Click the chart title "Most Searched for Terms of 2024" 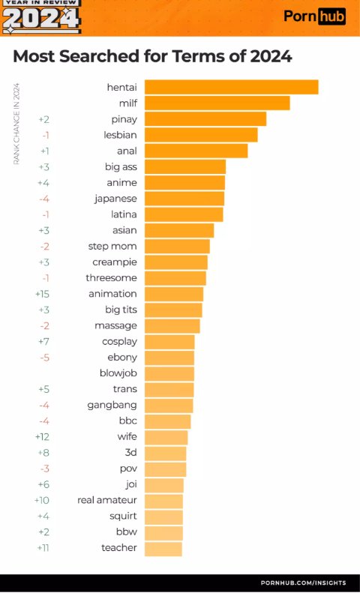[x=152, y=56]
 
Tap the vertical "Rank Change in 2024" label [x=16, y=124]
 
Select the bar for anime [x=184, y=182]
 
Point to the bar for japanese [x=184, y=199]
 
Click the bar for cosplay [x=169, y=342]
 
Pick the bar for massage [x=172, y=325]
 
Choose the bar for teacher [x=163, y=548]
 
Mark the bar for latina [x=184, y=214]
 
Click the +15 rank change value [x=42, y=294]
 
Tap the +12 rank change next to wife [x=42, y=436]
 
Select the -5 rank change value [x=44, y=358]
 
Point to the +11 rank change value [x=43, y=548]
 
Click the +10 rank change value [x=42, y=500]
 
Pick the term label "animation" [x=112, y=294]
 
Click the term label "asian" [x=124, y=230]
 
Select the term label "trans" [x=124, y=389]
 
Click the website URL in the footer [x=303, y=583]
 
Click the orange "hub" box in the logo [x=331, y=16]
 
